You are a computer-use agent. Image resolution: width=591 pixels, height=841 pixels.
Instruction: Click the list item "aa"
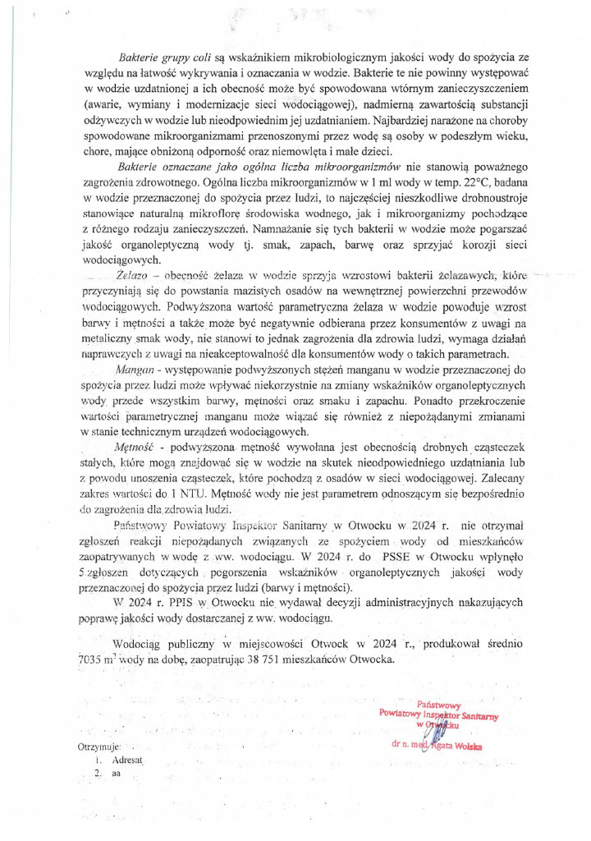[117, 774]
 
